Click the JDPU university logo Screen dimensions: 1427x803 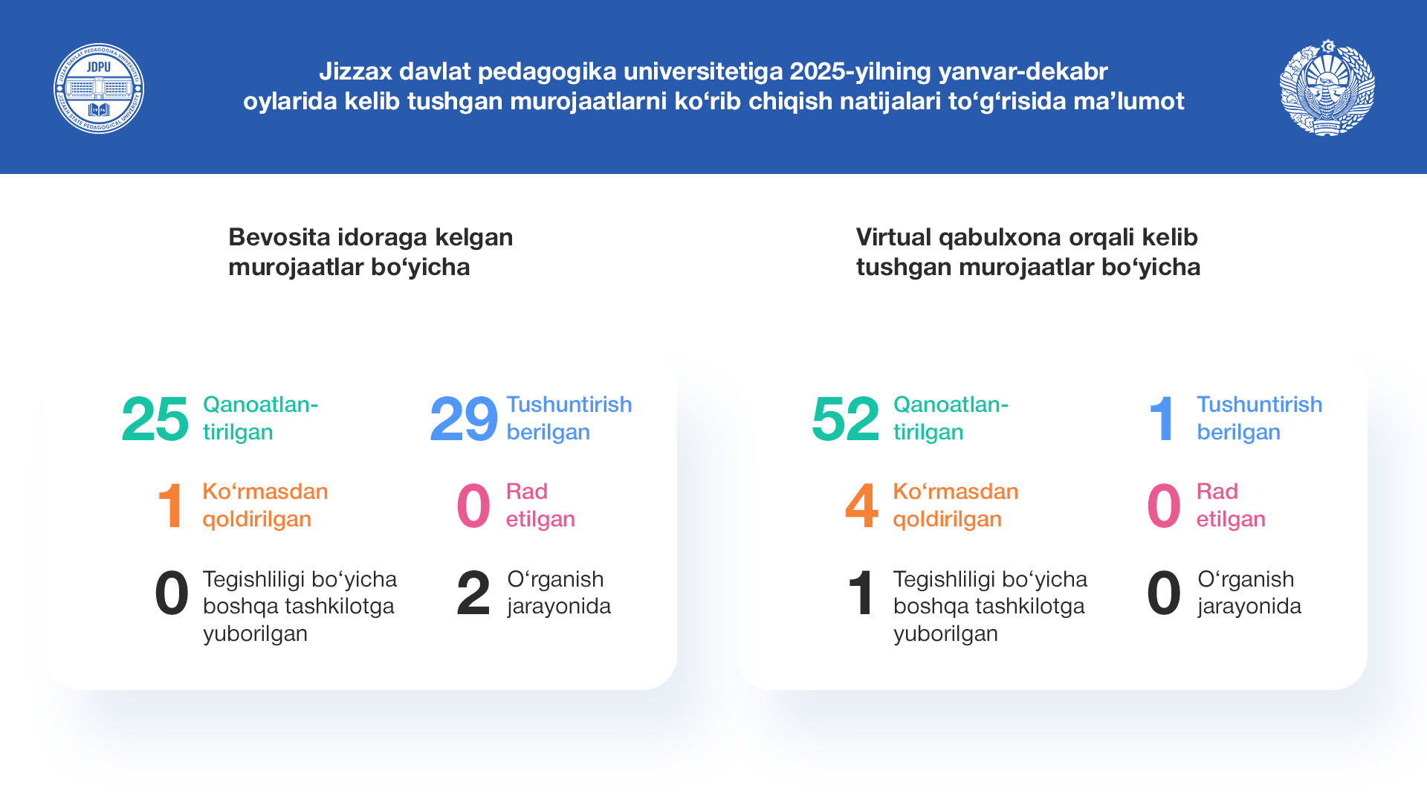(x=99, y=88)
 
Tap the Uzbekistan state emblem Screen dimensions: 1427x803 (x=1327, y=88)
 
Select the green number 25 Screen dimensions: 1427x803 (x=155, y=419)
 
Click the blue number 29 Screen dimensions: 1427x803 (x=464, y=419)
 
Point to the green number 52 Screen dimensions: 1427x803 (x=846, y=419)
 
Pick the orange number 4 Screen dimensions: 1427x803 (x=862, y=506)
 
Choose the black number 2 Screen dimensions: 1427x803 (x=473, y=593)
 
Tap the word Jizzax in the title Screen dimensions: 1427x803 (x=355, y=71)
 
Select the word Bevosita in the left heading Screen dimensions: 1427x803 (x=279, y=237)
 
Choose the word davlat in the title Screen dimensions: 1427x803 (x=435, y=71)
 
